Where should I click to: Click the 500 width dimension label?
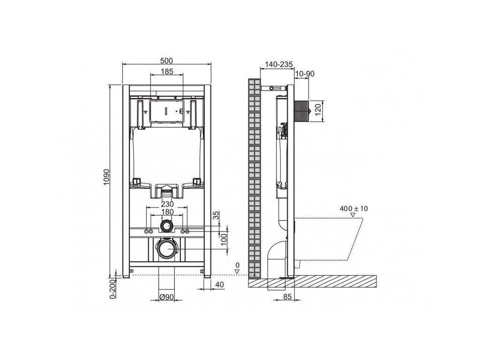point(167,61)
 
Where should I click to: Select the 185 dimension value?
point(167,72)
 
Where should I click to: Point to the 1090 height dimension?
point(106,177)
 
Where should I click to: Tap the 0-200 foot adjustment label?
point(112,289)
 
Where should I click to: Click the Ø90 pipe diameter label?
point(167,296)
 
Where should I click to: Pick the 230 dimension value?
point(167,204)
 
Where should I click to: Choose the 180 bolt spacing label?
point(167,212)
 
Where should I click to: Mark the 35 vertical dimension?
point(216,215)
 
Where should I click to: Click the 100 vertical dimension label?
point(224,240)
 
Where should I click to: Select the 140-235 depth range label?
point(279,64)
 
